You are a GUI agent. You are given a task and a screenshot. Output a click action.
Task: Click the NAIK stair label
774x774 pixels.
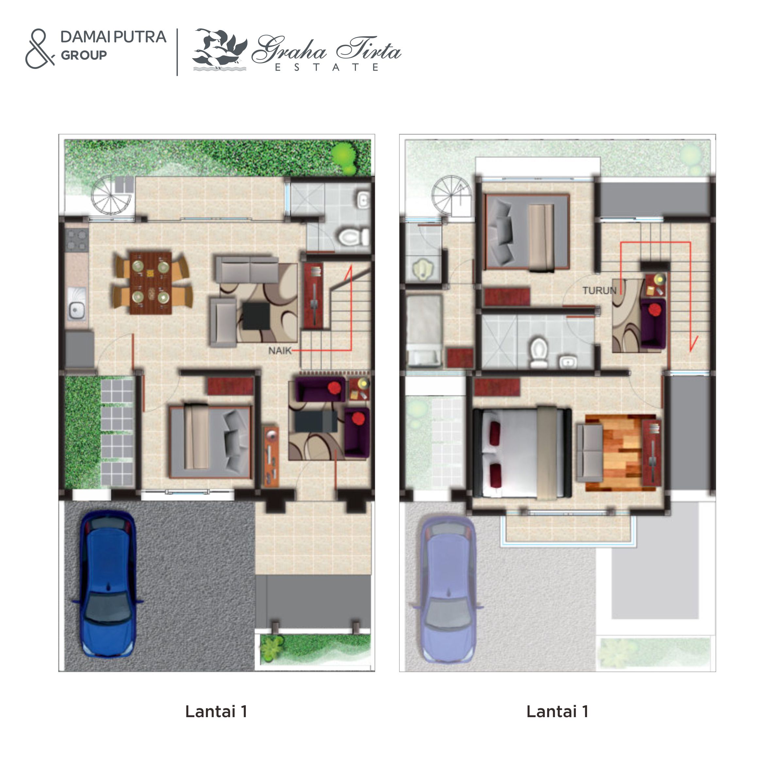coord(280,351)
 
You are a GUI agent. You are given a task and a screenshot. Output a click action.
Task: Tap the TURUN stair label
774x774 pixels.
coord(599,290)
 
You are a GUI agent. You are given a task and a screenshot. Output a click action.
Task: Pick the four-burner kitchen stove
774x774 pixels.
coord(76,239)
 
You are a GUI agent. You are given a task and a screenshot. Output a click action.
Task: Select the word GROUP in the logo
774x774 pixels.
coord(83,55)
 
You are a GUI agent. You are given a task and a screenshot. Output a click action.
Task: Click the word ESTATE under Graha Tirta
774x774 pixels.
coord(326,68)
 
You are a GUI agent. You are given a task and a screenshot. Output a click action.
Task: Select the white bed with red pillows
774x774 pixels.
coord(522,453)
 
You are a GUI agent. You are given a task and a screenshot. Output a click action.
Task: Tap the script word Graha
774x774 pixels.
coord(289,49)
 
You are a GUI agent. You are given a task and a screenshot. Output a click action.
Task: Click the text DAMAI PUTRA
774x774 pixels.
coord(113,37)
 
